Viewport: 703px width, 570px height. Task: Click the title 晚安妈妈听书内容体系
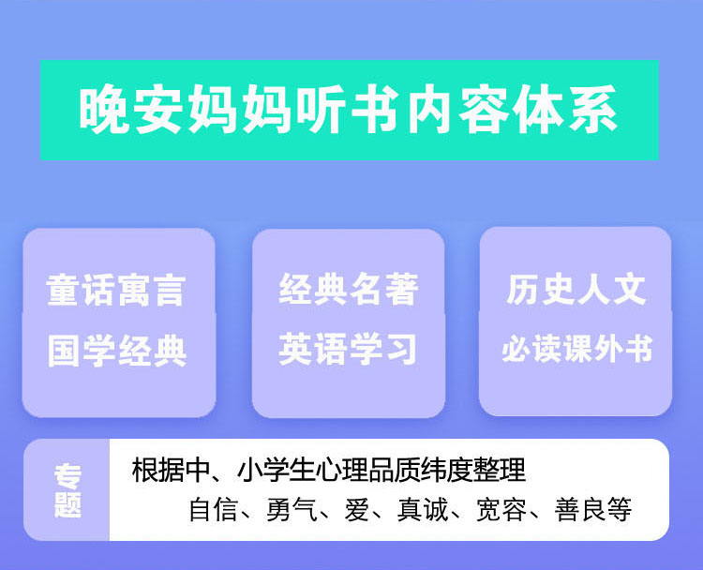point(349,110)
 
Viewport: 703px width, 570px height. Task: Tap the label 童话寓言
point(115,291)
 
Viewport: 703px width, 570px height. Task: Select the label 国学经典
point(117,351)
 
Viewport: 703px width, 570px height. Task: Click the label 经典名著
point(349,290)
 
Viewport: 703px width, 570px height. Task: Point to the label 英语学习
point(348,349)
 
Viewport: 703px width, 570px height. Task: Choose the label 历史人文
point(576,290)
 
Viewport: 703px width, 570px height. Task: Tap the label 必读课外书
point(576,349)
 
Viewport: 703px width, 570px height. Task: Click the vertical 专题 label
point(67,490)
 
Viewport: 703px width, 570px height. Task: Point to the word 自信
point(213,509)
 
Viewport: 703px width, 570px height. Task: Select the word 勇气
point(291,509)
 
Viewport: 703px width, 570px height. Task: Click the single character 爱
point(357,509)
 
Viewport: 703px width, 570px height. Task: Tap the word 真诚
point(423,509)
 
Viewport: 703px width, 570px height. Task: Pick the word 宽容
point(501,509)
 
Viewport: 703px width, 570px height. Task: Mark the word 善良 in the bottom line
point(580,509)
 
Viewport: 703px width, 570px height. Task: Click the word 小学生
point(277,470)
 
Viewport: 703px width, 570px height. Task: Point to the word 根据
point(157,470)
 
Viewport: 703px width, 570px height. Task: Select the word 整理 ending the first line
point(500,470)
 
